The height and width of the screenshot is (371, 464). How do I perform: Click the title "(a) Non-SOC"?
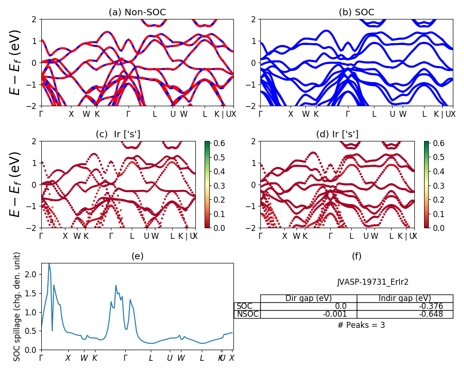(137, 13)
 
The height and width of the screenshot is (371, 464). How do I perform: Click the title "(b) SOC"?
(356, 13)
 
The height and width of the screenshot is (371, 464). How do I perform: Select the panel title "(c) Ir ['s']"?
(118, 134)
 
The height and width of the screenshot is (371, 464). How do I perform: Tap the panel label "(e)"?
(137, 256)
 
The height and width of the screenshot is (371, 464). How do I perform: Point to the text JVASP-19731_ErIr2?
(373, 282)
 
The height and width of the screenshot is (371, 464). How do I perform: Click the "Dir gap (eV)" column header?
(308, 298)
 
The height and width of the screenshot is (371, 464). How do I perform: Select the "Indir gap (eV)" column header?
(405, 298)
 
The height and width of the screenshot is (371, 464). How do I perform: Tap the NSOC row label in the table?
(247, 314)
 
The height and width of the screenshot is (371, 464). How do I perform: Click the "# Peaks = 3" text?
(361, 325)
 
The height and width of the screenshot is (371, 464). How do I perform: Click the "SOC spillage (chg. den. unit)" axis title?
(18, 307)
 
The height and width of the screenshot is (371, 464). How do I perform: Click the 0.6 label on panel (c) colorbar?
(219, 143)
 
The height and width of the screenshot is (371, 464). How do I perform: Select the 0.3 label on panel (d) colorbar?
(438, 185)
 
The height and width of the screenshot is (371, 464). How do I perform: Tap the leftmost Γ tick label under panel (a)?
(41, 114)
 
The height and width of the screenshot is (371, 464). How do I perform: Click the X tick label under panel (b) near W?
(290, 114)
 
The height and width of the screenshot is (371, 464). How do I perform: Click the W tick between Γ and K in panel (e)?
(84, 358)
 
